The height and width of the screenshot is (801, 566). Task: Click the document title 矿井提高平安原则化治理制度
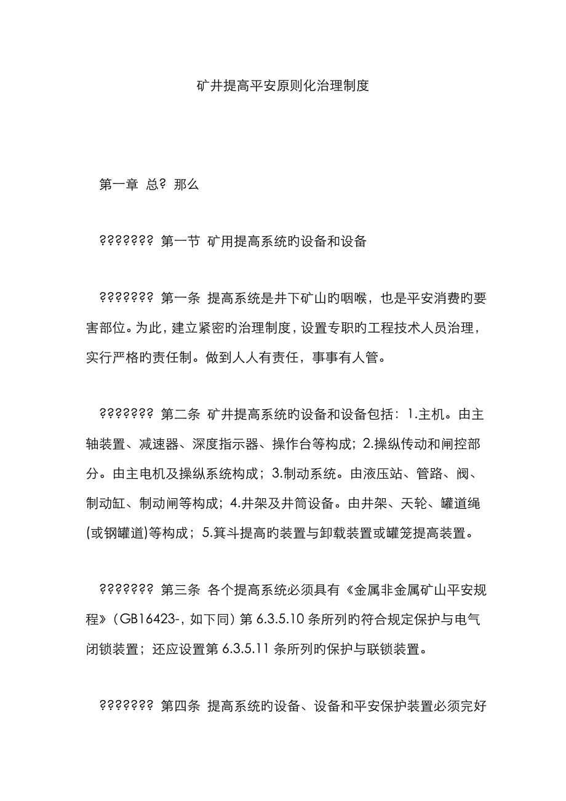click(282, 86)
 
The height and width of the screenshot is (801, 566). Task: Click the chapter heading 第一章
click(118, 184)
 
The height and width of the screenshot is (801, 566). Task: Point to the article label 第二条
click(180, 414)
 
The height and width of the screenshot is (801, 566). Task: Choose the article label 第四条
click(180, 706)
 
